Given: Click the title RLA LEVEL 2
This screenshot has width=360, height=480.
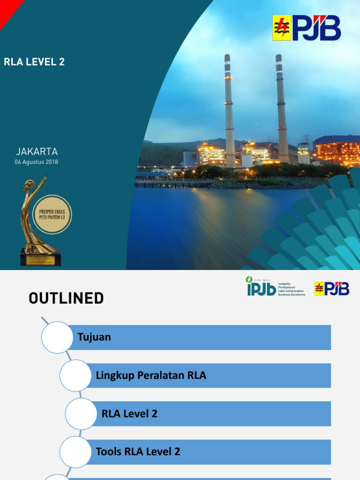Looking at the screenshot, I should pos(34,62).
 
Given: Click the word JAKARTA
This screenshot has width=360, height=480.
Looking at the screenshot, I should pos(37,151).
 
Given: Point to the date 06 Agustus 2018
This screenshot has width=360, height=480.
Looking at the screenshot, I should pos(37,162).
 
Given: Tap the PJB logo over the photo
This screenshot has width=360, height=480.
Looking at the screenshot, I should pos(307,28).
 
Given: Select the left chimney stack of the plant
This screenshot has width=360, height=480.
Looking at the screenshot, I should pos(229,110).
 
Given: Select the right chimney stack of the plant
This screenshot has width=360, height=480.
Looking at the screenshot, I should pos(282,110).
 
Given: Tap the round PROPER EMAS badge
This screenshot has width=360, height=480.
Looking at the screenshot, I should pos(52,215).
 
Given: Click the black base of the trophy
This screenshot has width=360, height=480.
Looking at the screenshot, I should pos(40,258).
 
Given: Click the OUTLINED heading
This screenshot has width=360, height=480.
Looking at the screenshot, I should pos(66,298).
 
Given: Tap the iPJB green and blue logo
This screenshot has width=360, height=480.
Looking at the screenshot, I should pos(261,286).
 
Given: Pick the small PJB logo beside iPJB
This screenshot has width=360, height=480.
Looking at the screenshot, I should pos(331,288).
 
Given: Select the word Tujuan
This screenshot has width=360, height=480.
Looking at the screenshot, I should pos(94,337).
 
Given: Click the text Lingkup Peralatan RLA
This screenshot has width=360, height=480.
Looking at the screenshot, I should pos(151,375).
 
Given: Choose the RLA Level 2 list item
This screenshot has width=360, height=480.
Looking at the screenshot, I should pos(129,413).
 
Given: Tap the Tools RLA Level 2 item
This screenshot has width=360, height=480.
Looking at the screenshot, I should pos(138,452).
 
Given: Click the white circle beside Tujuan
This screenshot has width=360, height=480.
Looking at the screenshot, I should pos(57,337).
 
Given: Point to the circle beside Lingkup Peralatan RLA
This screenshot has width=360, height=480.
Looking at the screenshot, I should pos(75,375).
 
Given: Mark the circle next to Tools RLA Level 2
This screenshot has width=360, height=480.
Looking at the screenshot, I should pos(75,452).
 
